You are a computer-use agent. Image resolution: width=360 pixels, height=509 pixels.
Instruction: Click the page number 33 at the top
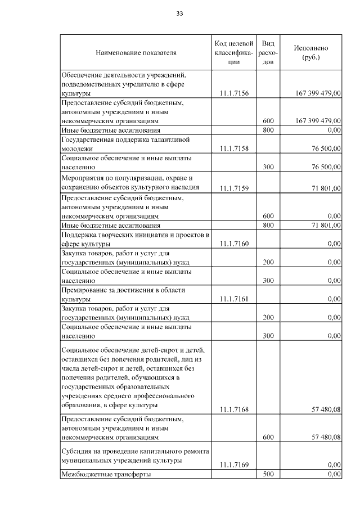(180, 13)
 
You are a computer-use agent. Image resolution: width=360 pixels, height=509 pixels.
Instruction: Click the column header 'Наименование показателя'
(136, 53)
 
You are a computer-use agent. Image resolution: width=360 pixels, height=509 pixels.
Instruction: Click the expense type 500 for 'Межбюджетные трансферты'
(268, 474)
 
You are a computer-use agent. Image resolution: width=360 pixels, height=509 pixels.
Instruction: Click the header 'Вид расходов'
(268, 53)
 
